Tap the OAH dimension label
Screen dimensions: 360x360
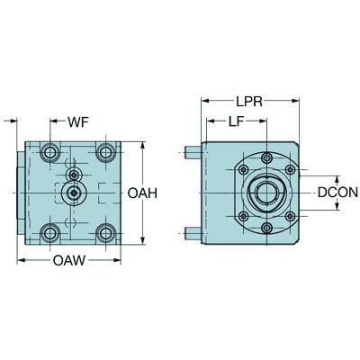click(144, 193)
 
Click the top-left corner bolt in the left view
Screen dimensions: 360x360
click(49, 149)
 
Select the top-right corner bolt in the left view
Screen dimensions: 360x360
click(106, 149)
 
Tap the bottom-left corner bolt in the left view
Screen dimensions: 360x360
click(49, 234)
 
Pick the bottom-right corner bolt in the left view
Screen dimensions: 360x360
click(106, 234)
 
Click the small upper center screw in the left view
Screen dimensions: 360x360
click(73, 173)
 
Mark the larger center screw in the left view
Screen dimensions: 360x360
click(73, 192)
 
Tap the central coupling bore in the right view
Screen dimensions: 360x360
click(267, 193)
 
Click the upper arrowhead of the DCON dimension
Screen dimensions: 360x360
click(338, 176)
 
